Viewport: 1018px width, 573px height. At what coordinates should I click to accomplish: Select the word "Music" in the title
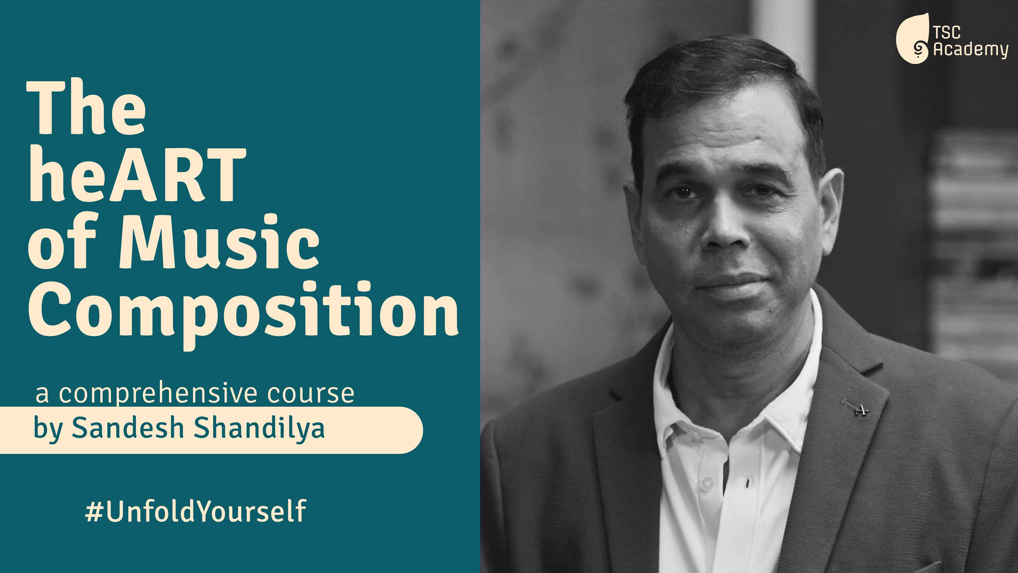click(219, 241)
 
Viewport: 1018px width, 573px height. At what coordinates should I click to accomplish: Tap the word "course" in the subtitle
click(311, 393)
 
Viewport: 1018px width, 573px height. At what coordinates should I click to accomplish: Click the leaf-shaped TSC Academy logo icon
click(913, 38)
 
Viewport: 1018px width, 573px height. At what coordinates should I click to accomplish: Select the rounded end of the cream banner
click(411, 430)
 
